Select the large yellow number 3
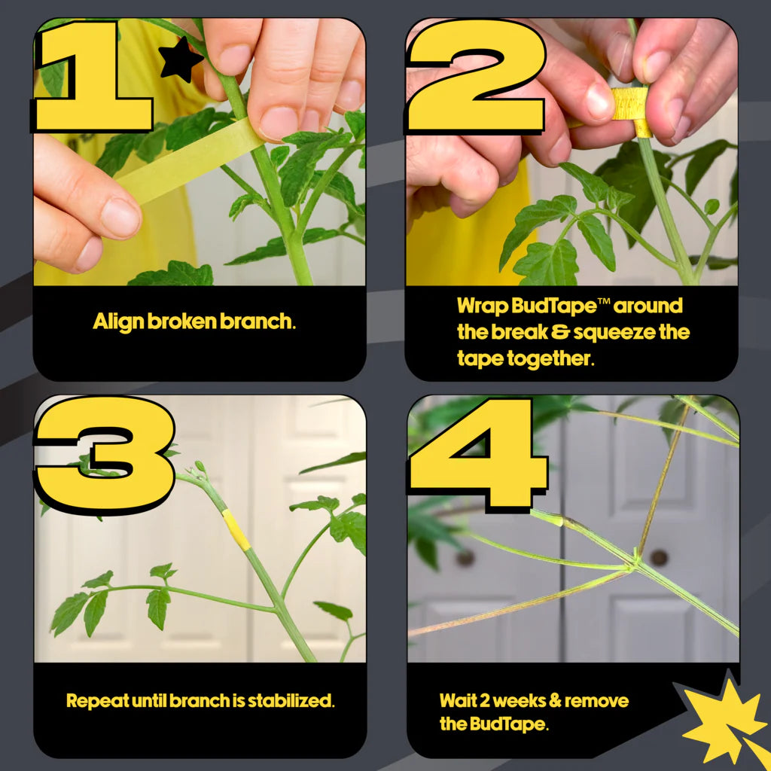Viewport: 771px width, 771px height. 104,455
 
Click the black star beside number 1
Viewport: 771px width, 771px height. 180,60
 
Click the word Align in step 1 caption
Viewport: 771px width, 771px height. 118,322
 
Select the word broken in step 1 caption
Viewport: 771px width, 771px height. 182,321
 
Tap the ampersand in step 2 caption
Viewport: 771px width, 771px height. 560,332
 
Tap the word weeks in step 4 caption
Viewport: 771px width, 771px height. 519,701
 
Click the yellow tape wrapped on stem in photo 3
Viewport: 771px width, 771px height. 236,529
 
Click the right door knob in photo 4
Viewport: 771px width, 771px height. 659,558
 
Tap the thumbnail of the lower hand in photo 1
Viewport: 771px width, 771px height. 120,217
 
